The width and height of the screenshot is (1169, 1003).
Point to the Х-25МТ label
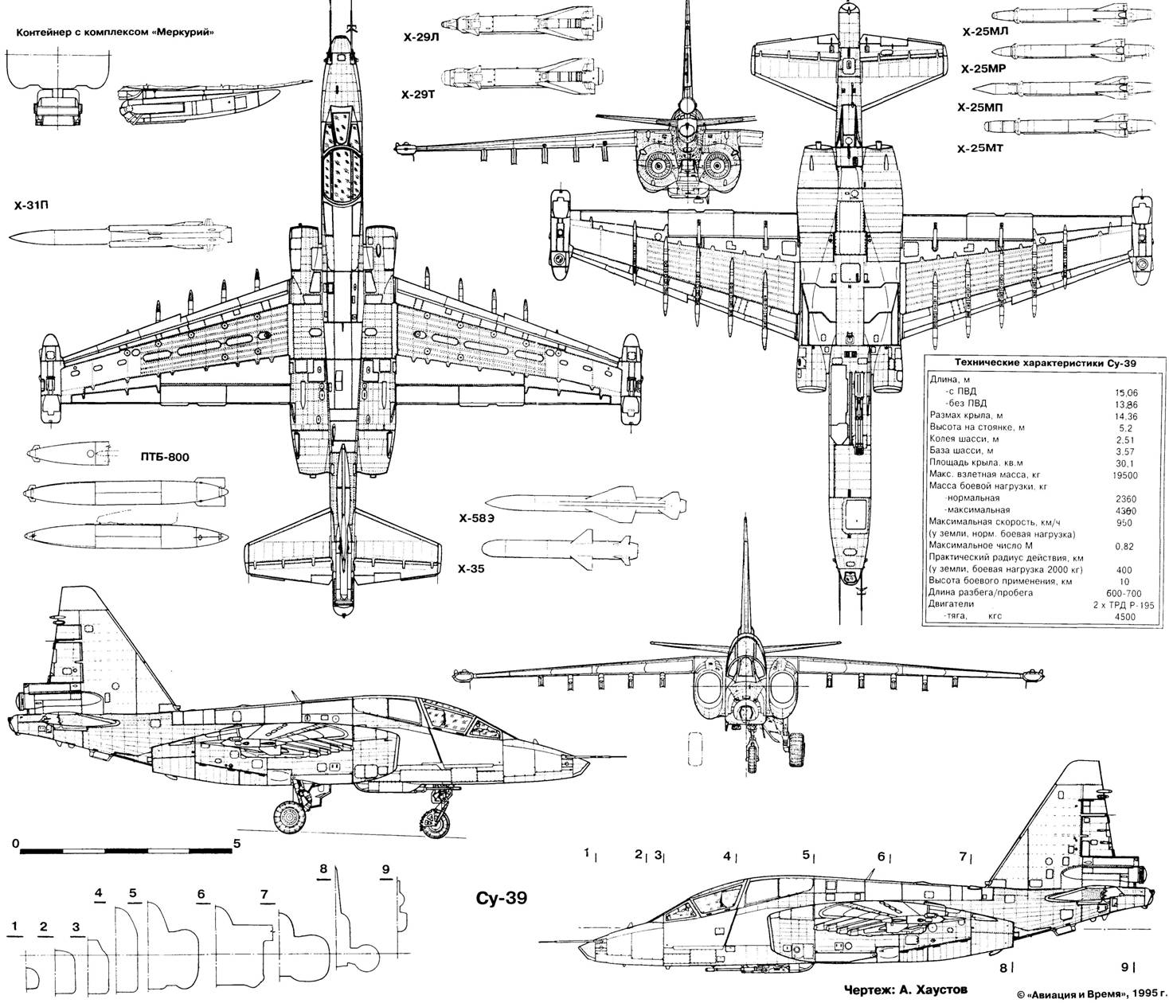[x=983, y=148]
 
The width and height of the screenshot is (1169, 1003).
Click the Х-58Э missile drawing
[x=586, y=503]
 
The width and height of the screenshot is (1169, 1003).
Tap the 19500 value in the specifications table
[x=1124, y=475]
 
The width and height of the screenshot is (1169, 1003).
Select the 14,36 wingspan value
[x=1124, y=416]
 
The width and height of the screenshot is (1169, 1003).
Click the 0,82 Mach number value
[x=1124, y=546]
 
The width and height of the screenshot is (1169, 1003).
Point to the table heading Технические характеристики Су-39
[x=1034, y=363]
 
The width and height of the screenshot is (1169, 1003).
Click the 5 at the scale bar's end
[x=237, y=841]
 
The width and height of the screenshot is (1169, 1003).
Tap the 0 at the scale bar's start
[x=16, y=841]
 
